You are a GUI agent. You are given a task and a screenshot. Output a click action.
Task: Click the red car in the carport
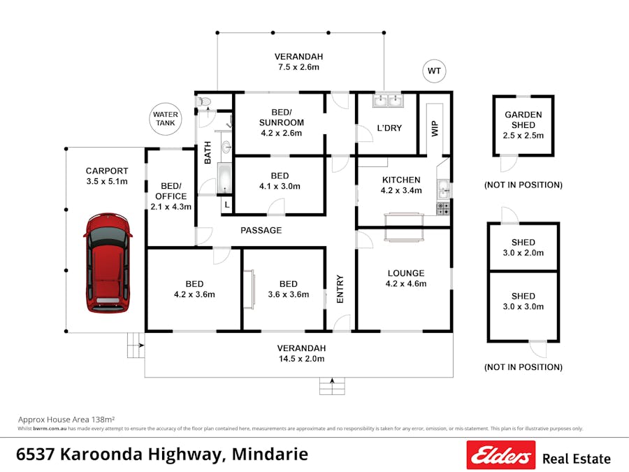(108, 262)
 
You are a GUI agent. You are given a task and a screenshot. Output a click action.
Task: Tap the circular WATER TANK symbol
(166, 119)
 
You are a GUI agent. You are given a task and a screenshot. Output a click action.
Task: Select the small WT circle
(434, 71)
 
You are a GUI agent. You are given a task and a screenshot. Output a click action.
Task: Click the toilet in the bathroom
(204, 102)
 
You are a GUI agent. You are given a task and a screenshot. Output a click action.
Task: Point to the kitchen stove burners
(443, 208)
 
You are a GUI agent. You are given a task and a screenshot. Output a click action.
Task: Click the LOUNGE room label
(405, 273)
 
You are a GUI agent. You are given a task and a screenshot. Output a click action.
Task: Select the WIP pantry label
(434, 129)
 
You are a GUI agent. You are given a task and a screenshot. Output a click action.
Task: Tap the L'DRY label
(389, 128)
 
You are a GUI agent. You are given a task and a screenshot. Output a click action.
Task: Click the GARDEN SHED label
(523, 120)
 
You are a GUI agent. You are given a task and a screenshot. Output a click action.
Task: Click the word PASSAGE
(261, 230)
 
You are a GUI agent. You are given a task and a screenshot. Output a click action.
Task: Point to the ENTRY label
(340, 287)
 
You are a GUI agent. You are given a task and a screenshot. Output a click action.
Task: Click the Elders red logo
(500, 456)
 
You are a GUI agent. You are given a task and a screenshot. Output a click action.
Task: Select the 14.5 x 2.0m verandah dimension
(301, 359)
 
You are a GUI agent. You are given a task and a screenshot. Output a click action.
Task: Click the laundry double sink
(387, 102)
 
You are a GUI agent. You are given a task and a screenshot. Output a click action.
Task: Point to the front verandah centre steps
(332, 385)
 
